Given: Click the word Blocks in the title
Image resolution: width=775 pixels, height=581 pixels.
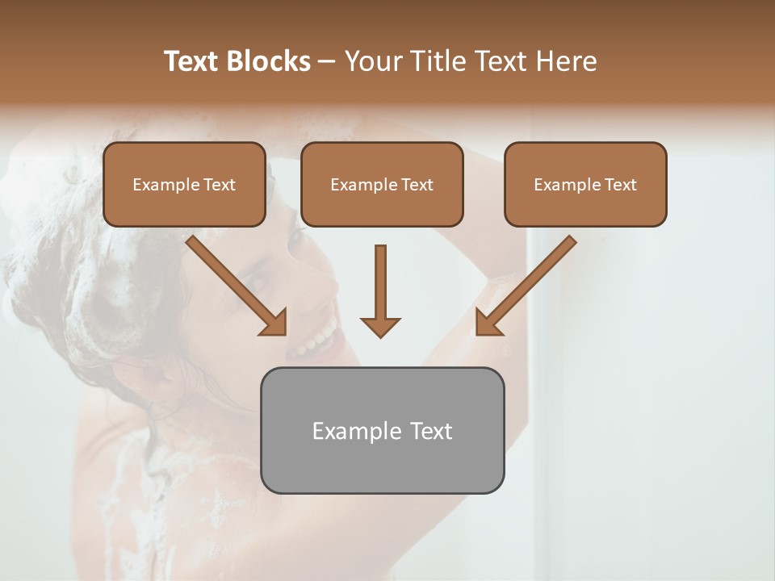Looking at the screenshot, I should (x=269, y=61).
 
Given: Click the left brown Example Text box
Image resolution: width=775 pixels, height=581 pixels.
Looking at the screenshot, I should (x=184, y=185).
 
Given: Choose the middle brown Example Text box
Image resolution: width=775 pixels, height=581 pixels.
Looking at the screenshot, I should (x=382, y=185).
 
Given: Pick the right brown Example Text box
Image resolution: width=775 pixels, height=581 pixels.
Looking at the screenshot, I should (x=585, y=185).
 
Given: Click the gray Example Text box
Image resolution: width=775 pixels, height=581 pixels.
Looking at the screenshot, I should (x=382, y=430).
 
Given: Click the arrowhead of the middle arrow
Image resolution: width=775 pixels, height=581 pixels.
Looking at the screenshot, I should (x=380, y=327).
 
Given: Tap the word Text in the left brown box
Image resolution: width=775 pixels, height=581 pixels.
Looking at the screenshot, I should (x=220, y=185).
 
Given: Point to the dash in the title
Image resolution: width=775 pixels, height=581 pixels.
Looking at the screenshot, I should (x=327, y=61).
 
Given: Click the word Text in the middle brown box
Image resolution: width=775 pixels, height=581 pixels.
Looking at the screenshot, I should (x=417, y=185).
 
